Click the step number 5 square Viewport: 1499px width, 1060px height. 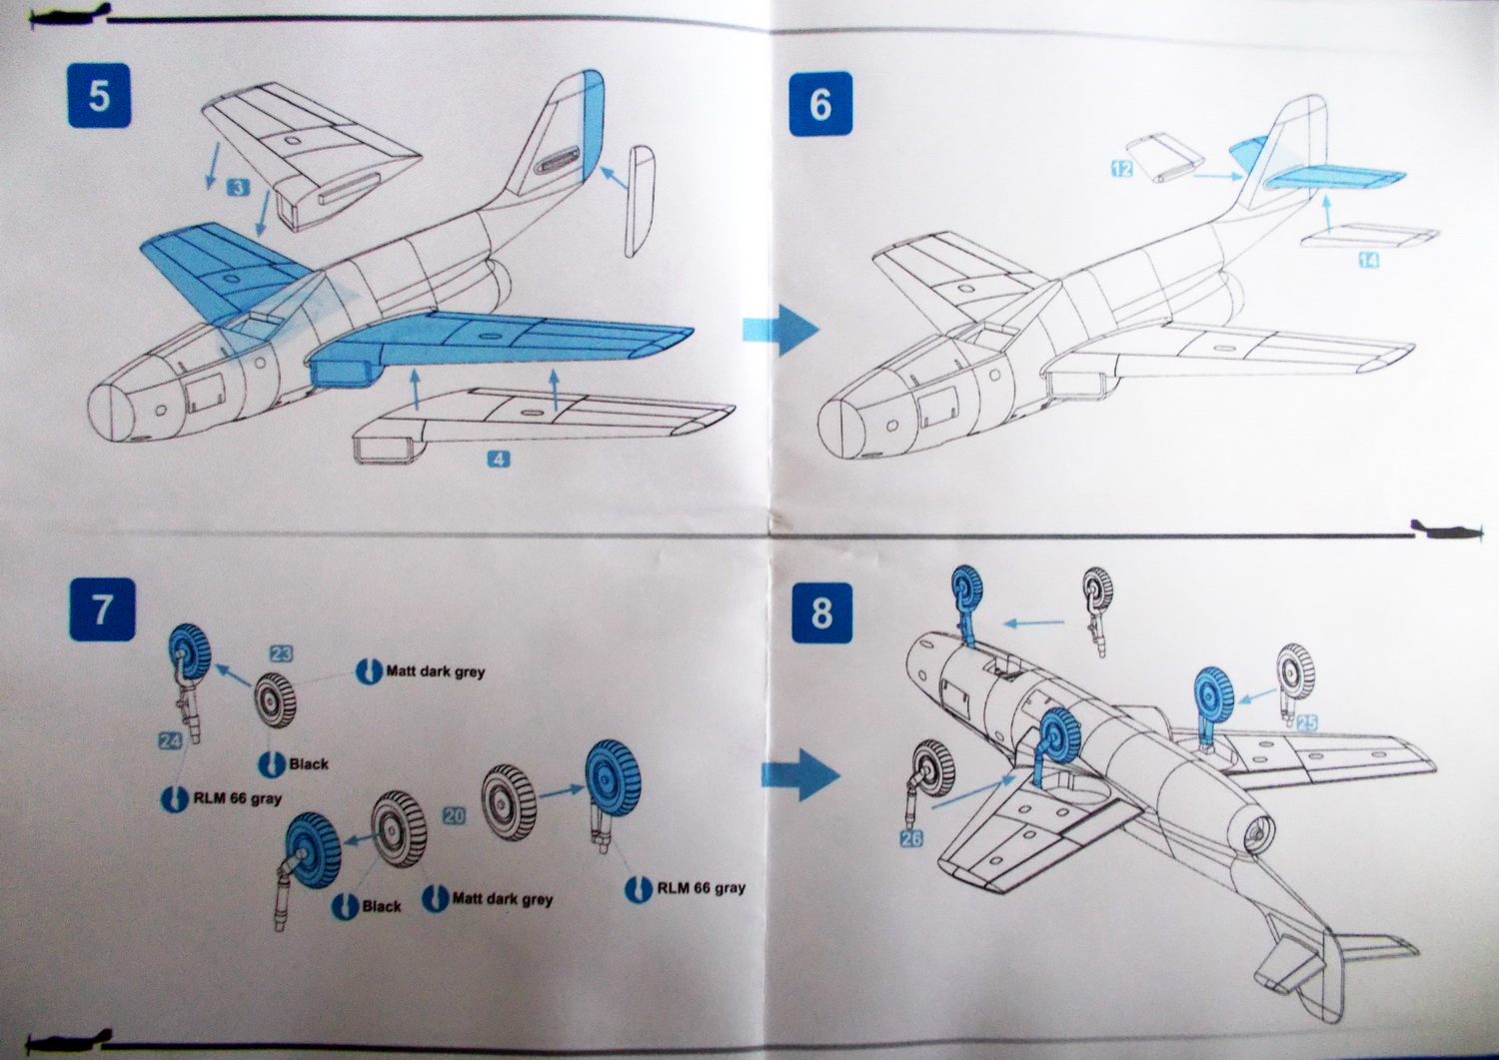99,96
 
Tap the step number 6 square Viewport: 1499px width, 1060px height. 820,103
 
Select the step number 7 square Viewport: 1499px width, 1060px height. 102,608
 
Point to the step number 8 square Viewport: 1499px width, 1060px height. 821,612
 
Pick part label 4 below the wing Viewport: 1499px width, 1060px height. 499,460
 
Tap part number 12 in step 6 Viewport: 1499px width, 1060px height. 1122,169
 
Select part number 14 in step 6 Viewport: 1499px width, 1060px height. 1368,260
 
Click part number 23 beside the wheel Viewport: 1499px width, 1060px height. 281,653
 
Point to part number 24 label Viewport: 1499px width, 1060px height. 170,740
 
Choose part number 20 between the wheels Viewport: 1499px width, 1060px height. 454,815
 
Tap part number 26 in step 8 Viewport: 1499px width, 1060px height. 911,838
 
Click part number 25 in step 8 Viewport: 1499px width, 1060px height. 1306,722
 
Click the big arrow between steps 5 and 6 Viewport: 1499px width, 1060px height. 780,329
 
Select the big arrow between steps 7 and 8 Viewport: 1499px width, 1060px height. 799,774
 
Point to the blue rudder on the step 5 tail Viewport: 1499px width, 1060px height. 592,125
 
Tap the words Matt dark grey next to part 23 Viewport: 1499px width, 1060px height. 435,671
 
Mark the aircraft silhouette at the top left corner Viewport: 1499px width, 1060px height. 67,15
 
